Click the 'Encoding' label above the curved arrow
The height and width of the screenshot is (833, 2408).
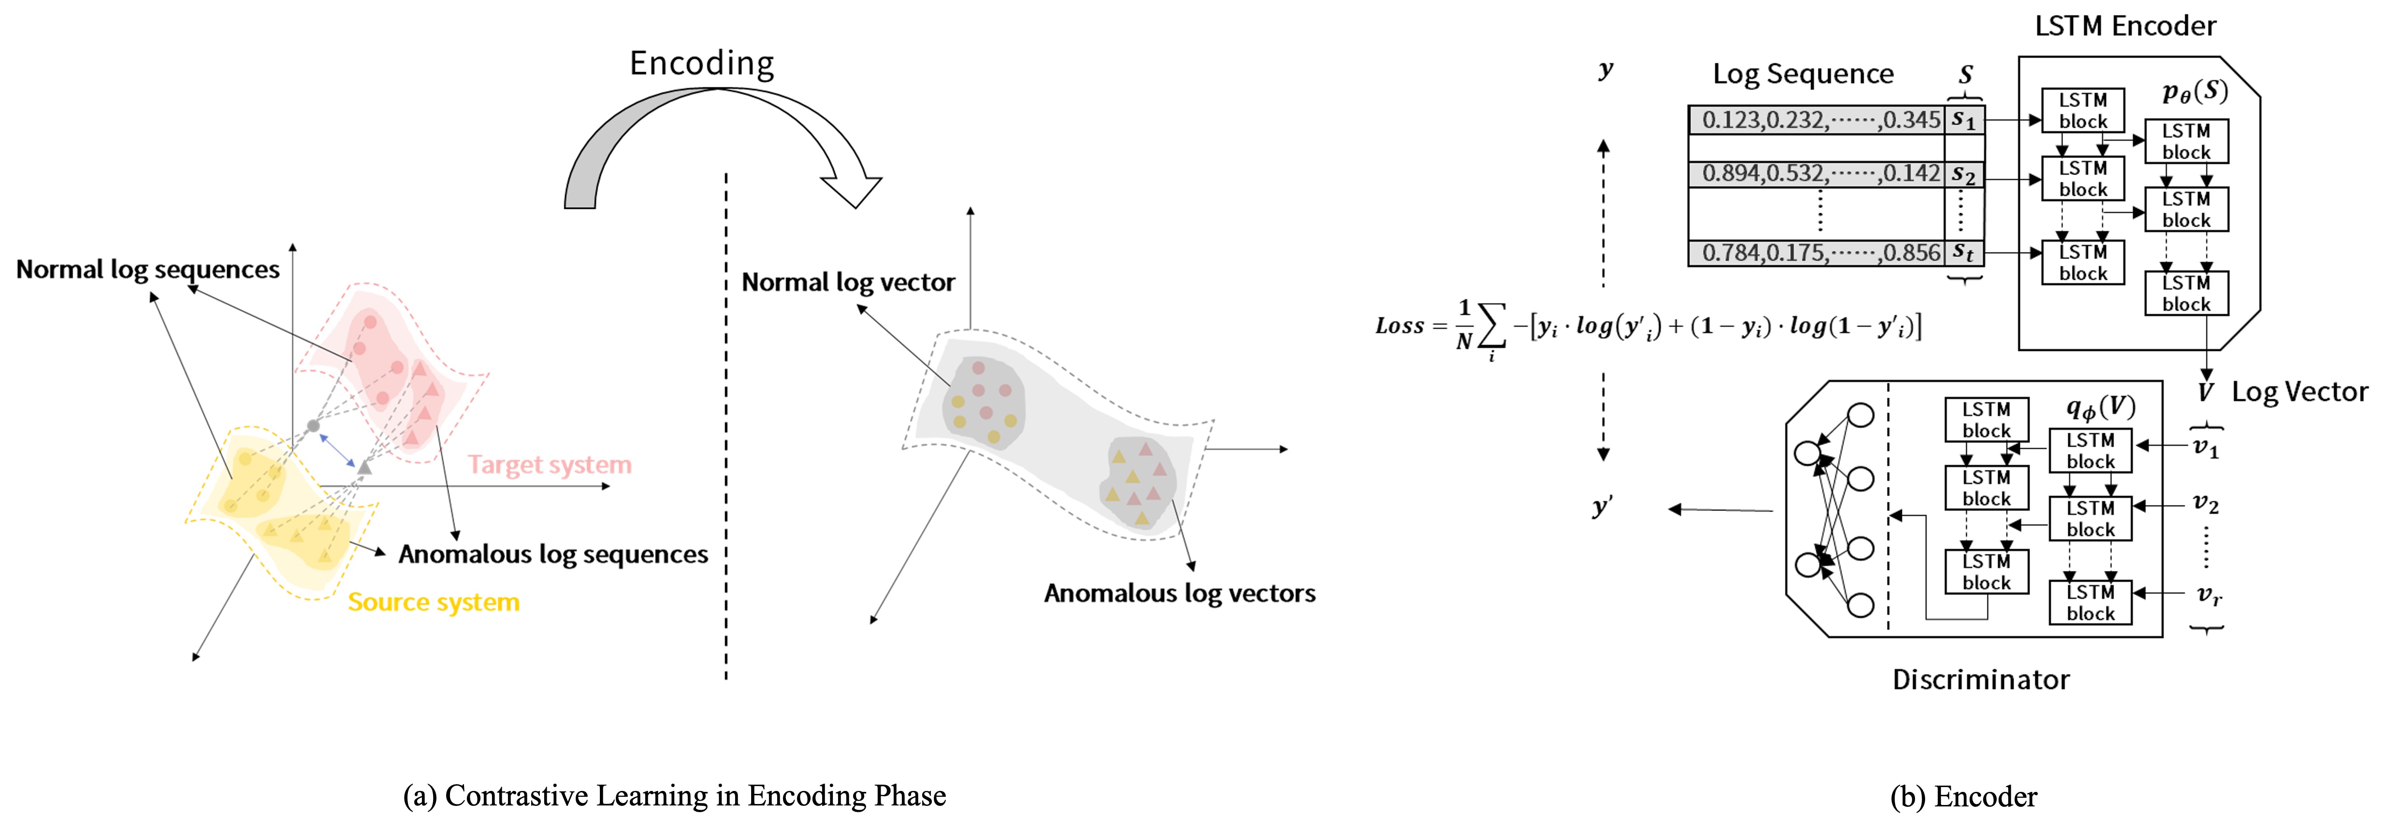point(701,63)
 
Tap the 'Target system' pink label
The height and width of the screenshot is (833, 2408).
point(550,465)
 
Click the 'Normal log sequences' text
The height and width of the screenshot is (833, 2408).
point(148,269)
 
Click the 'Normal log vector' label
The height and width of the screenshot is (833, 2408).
point(848,282)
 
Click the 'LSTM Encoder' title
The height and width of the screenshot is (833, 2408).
point(2125,26)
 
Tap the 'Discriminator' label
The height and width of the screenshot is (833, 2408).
point(1980,680)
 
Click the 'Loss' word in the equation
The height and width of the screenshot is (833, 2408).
point(1399,326)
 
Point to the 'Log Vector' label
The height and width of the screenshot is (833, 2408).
point(2300,392)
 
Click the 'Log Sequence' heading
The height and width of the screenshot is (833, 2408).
point(1802,74)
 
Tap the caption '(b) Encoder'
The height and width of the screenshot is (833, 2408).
point(1963,797)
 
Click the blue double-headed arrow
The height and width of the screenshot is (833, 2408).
point(337,450)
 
